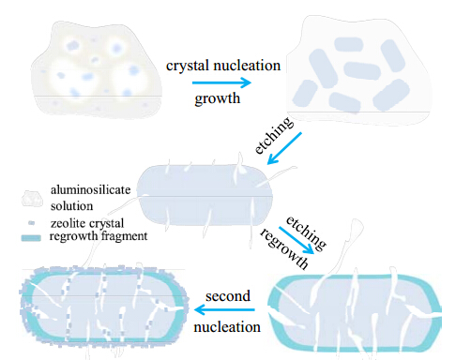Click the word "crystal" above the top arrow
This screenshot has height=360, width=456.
point(188,66)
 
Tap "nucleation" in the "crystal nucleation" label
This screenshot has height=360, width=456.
point(247,66)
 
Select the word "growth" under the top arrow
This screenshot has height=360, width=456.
point(218,99)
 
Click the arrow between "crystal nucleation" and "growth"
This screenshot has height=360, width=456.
point(221,82)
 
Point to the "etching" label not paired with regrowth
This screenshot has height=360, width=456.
point(274,135)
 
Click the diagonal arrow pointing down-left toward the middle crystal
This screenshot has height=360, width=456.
point(284,148)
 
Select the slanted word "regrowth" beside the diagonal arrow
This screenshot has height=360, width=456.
point(284,248)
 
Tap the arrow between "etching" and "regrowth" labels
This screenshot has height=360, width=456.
point(296,240)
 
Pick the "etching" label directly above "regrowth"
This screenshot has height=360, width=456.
point(306,232)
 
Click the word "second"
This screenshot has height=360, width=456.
point(228,295)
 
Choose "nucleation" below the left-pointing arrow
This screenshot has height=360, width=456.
point(227,327)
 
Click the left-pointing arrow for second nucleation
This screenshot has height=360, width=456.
point(224,310)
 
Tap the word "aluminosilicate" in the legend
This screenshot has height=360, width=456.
point(91,189)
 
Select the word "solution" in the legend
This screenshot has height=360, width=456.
point(71,206)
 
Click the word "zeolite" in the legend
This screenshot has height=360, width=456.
point(68,223)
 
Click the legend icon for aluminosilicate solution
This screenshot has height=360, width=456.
point(32,199)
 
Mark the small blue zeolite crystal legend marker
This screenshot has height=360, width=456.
point(31,223)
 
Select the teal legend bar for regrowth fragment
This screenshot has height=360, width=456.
point(31,238)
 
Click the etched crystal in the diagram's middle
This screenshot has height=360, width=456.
point(205,195)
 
